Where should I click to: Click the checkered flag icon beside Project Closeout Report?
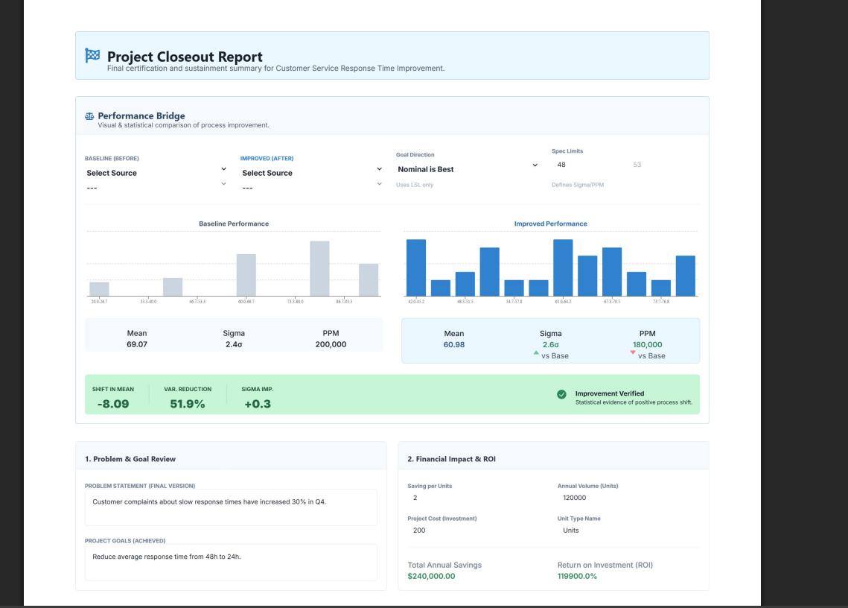92,55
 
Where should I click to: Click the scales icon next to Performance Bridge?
89,116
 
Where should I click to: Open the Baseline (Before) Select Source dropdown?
156,173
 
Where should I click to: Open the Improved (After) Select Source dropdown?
311,173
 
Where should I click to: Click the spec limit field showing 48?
588,165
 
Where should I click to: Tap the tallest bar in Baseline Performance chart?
319,268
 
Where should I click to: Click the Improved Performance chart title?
550,224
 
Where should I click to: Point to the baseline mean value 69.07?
137,344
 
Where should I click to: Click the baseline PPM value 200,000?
331,344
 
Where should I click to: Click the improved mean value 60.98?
454,344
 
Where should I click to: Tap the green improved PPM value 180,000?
647,344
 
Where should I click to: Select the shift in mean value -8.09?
113,404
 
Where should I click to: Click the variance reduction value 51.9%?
188,404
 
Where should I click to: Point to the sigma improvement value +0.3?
257,404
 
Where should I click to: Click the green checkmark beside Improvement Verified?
562,395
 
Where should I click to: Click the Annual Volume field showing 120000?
625,498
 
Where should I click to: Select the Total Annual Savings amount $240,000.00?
431,576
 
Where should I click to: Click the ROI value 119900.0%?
577,576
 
